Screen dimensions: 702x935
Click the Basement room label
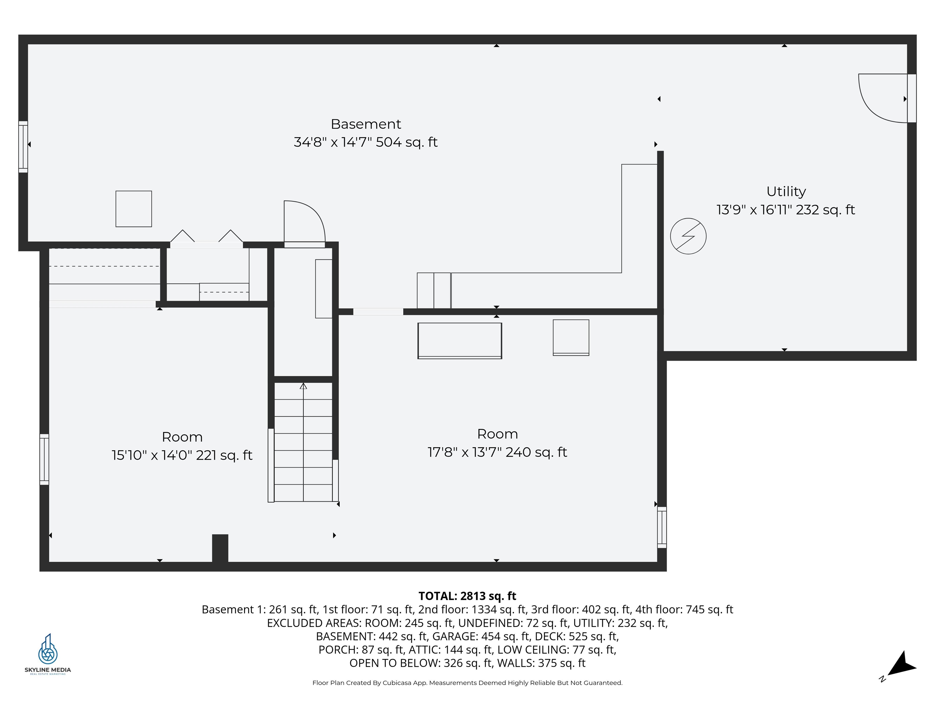tap(366, 124)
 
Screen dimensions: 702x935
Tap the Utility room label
tap(786, 192)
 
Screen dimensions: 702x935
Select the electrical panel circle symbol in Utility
tap(688, 236)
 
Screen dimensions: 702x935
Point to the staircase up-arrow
tap(303, 386)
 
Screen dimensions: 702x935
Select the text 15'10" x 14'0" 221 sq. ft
tap(182, 455)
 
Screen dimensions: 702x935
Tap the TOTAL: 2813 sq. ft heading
tap(467, 596)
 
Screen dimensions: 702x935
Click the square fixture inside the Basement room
tap(134, 209)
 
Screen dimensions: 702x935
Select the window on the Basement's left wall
tap(23, 147)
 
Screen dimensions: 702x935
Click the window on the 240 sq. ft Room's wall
tap(662, 527)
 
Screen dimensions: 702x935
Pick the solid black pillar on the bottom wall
tap(220, 548)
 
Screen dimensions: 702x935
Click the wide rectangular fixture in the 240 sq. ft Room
tap(460, 341)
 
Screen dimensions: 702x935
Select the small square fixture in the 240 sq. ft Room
tap(571, 338)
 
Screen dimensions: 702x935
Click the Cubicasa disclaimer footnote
tap(467, 682)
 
